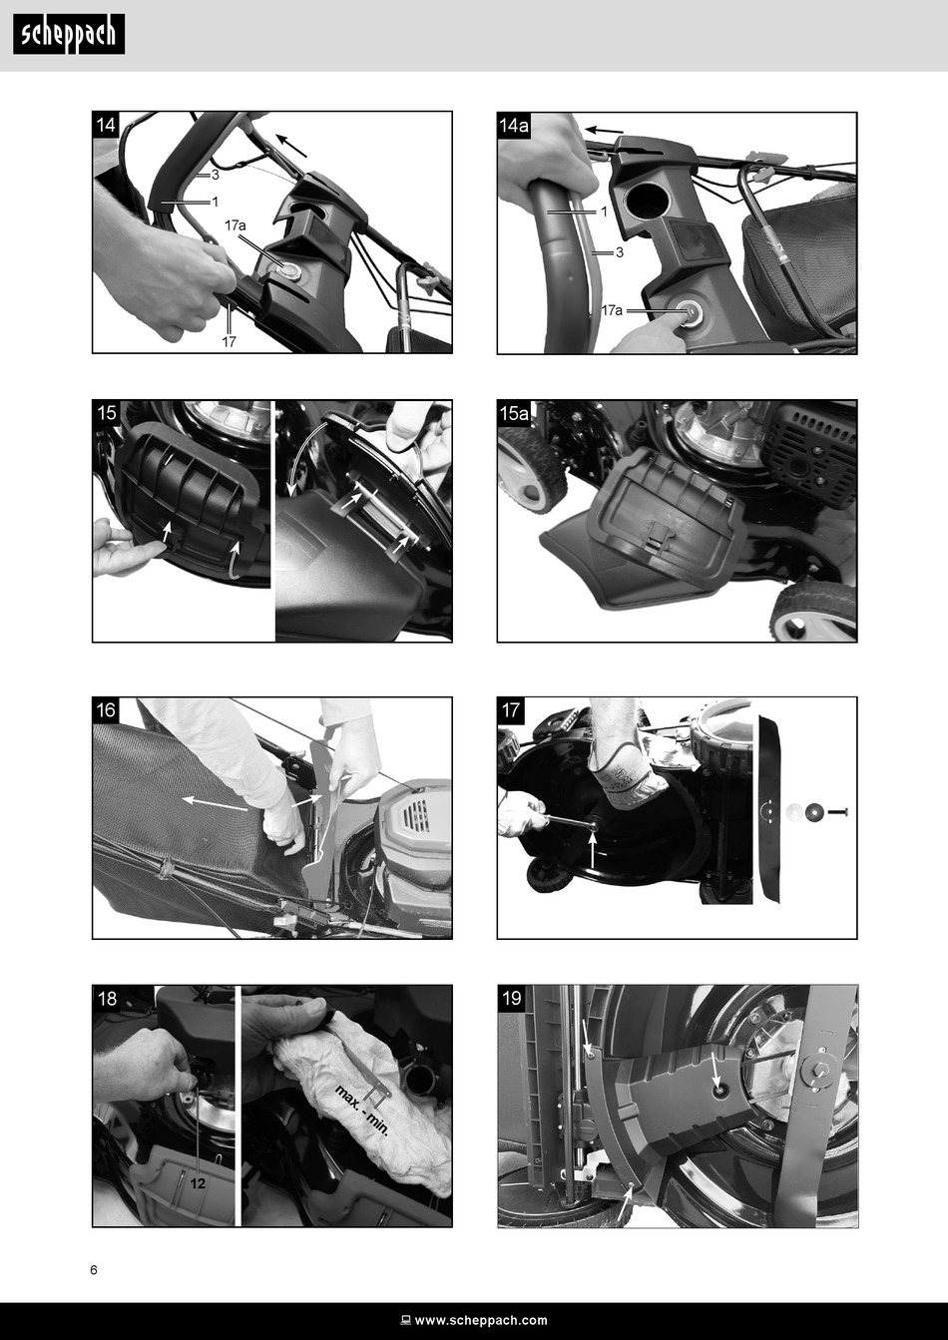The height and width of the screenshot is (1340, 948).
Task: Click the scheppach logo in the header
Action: (x=69, y=34)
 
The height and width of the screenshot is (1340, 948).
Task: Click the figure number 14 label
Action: (x=106, y=125)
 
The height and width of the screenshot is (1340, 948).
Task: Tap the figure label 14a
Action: (x=514, y=126)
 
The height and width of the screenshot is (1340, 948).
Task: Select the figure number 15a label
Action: (x=514, y=413)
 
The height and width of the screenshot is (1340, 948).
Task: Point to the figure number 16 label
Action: (x=106, y=710)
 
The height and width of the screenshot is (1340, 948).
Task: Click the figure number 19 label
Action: (x=511, y=998)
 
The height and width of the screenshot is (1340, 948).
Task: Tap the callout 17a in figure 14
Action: (x=236, y=225)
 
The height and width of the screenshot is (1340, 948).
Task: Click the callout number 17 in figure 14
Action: (x=230, y=341)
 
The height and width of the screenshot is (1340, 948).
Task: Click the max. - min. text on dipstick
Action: (x=362, y=1111)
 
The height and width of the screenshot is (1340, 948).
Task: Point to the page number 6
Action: (x=94, y=1270)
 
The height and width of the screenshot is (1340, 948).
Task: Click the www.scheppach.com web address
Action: (x=481, y=1320)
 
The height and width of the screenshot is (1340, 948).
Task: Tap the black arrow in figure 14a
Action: (x=604, y=131)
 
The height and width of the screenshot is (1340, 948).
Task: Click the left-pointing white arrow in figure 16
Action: (x=215, y=804)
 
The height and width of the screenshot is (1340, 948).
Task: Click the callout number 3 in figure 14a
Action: (x=619, y=252)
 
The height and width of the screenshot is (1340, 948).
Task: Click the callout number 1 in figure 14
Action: (x=215, y=202)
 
